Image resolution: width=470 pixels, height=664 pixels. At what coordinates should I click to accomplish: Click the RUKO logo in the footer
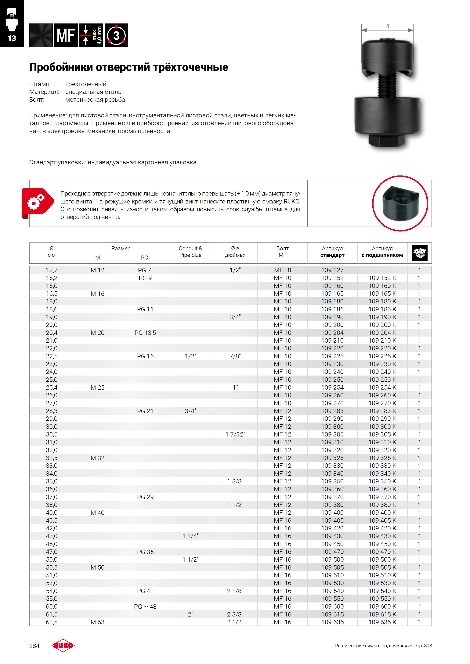(63, 645)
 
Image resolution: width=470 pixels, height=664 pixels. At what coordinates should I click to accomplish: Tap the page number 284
(34, 646)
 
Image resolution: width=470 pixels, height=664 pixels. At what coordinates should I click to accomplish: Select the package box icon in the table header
(419, 253)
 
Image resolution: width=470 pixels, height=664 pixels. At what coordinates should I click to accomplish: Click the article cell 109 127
(332, 270)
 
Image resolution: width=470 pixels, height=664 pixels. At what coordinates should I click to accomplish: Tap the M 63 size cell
(97, 622)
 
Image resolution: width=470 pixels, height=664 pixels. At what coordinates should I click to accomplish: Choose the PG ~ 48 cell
(145, 606)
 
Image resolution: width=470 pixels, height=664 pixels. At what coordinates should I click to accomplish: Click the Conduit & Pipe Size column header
(190, 252)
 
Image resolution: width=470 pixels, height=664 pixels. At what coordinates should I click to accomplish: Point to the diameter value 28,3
(52, 411)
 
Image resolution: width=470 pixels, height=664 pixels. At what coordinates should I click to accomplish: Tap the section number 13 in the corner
(12, 38)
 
